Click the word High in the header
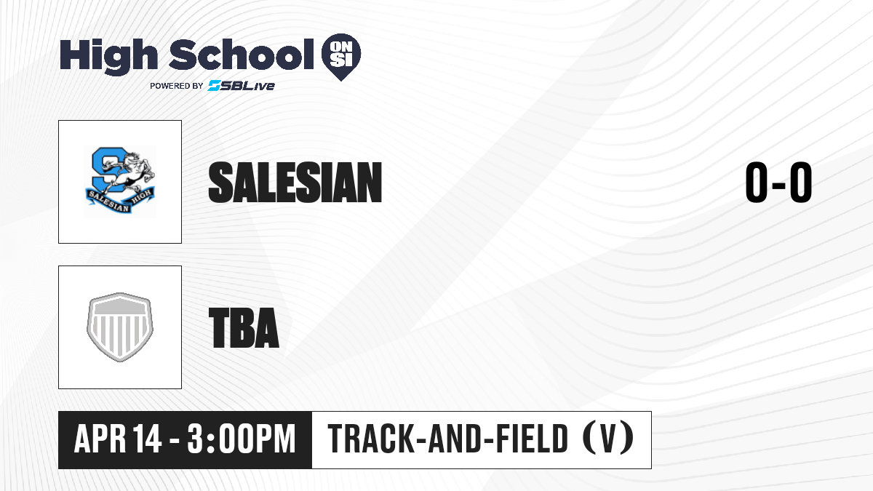(x=108, y=56)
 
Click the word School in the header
(x=242, y=55)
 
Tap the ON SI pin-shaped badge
(x=341, y=57)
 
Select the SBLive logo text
(x=242, y=85)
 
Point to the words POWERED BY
(x=177, y=86)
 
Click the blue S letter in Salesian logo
(x=105, y=170)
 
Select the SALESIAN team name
(x=295, y=183)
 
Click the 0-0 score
(x=778, y=183)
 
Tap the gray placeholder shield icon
(x=120, y=327)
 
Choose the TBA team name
(x=244, y=327)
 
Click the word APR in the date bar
(x=100, y=439)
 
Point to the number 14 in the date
(x=147, y=439)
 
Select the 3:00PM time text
(x=242, y=439)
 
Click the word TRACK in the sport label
(x=370, y=439)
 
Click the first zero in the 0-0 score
(x=757, y=183)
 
